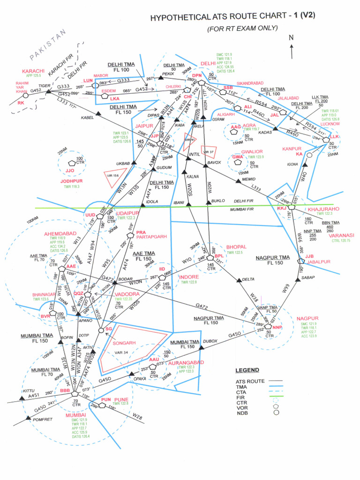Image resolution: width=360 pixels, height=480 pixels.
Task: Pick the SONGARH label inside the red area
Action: [127, 343]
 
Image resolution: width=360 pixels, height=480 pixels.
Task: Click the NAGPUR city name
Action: [307, 319]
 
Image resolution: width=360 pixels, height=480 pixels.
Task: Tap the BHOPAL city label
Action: [236, 247]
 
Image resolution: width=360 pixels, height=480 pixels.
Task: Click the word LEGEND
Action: [247, 370]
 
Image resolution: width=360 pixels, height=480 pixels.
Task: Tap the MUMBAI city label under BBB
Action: [76, 415]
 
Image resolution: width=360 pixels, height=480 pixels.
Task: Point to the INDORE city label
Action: [189, 277]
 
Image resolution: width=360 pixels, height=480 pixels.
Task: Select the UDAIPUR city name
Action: [128, 212]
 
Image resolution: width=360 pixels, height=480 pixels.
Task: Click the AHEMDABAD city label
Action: [60, 233]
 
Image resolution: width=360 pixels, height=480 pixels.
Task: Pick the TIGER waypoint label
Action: [44, 86]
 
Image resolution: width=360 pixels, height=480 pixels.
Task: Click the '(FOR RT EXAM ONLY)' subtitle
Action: [242, 29]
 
